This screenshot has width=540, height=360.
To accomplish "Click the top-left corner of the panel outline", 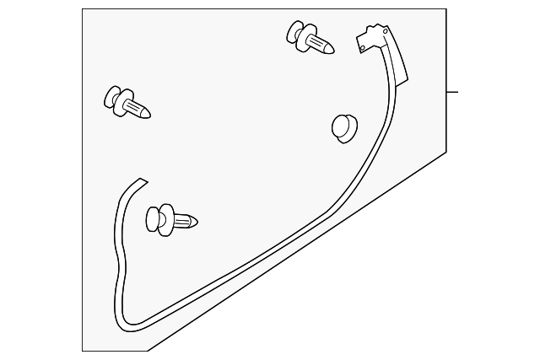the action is (x=83, y=9).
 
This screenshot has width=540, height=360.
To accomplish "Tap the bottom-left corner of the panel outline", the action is (x=83, y=350).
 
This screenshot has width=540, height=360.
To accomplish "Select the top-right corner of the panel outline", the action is (x=445, y=9).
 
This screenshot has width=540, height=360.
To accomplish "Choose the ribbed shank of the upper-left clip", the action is (x=133, y=106).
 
